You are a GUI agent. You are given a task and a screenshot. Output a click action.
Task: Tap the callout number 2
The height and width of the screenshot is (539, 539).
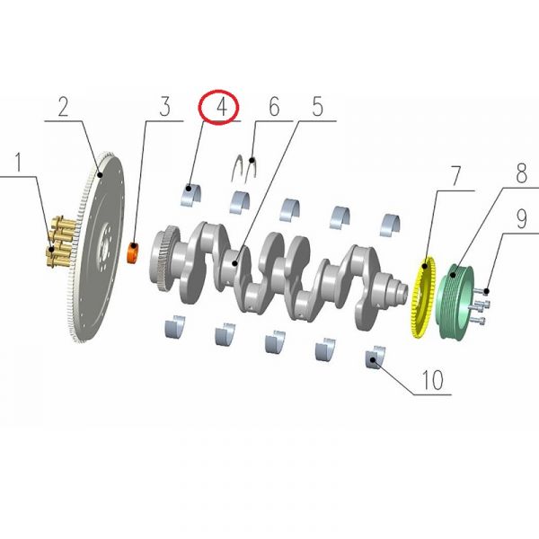coord(63,108)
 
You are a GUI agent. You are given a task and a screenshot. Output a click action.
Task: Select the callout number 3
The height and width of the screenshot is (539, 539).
coord(164,108)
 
